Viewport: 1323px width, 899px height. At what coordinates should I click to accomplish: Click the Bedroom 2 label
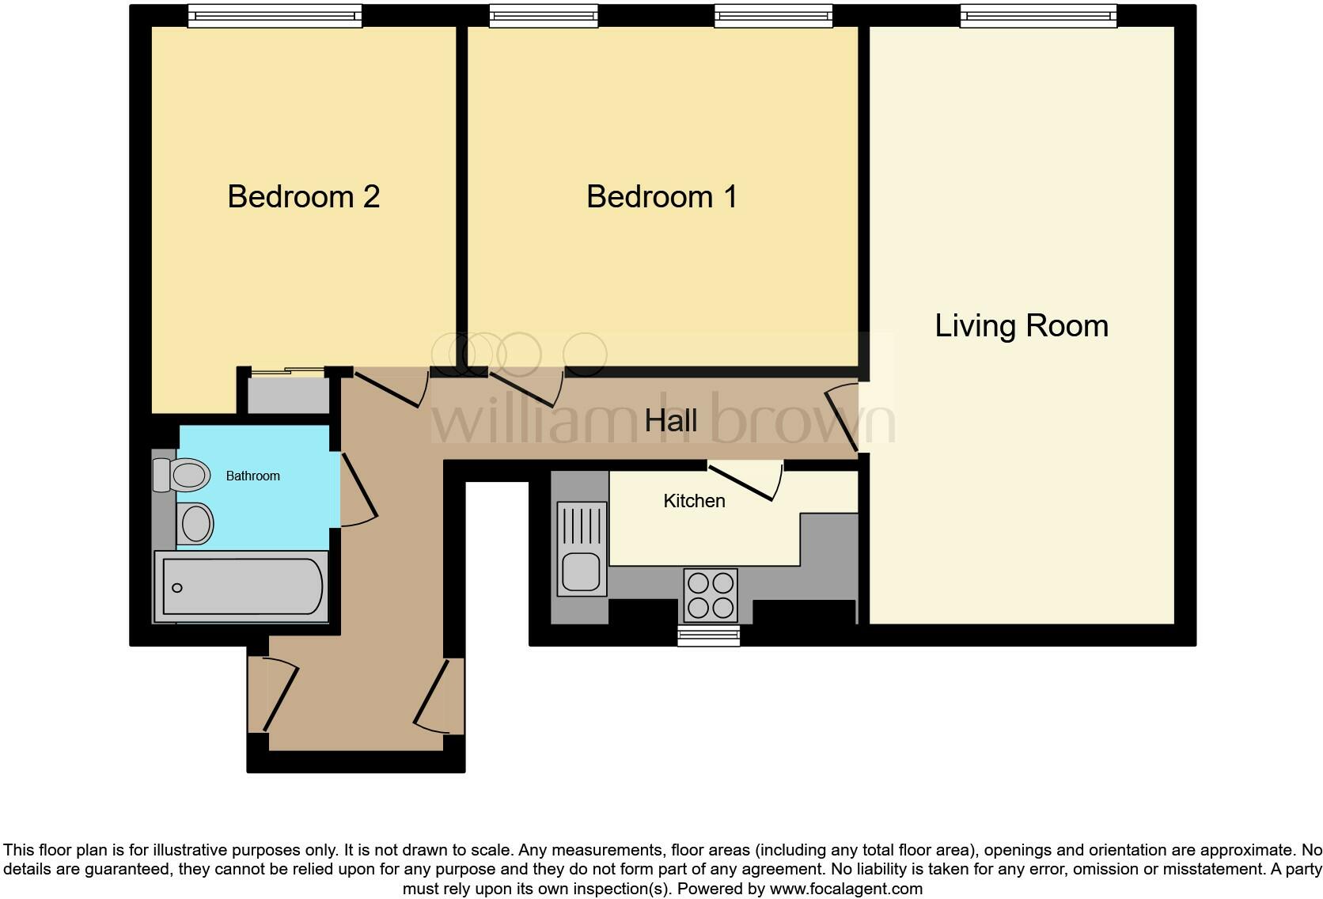tap(303, 196)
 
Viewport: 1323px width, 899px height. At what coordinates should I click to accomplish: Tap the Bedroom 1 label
tap(661, 196)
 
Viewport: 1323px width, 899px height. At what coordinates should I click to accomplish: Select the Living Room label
tap(1021, 325)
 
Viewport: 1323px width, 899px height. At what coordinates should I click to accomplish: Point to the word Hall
tap(670, 420)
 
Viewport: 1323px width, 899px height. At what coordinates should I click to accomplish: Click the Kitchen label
tap(694, 501)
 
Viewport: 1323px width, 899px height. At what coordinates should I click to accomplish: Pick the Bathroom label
tap(252, 476)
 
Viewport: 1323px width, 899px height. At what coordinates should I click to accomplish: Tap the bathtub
tap(241, 587)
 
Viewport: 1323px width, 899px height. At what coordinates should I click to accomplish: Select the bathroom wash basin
tap(195, 523)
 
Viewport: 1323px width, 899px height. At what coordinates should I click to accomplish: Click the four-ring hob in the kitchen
tap(710, 595)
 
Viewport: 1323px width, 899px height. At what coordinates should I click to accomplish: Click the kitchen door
tap(741, 484)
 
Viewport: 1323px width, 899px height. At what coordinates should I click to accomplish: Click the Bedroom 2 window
tap(275, 16)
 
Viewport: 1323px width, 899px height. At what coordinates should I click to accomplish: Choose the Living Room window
tap(1037, 16)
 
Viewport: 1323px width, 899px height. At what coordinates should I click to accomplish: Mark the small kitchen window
tap(709, 635)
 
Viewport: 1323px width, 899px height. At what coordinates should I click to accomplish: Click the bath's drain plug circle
tap(177, 587)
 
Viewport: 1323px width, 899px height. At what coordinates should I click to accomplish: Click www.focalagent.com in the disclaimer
tap(846, 889)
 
